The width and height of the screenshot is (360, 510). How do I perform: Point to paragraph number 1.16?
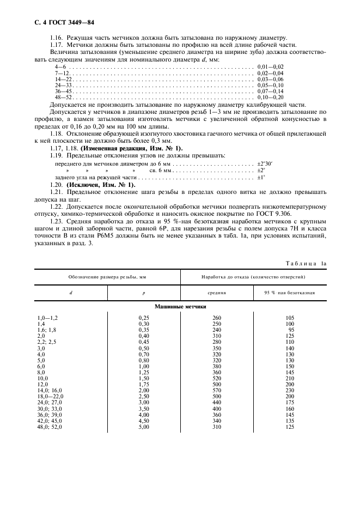pyautogui.click(x=57, y=39)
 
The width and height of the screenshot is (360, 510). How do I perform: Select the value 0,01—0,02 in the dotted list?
pyautogui.click(x=271, y=66)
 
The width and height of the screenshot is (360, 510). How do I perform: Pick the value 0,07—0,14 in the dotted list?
pyautogui.click(x=271, y=91)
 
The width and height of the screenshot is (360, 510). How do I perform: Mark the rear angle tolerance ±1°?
pyautogui.click(x=261, y=177)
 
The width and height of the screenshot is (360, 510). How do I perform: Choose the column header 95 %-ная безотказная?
pyautogui.click(x=290, y=292)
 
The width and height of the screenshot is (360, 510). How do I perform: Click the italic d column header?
pyautogui.click(x=71, y=292)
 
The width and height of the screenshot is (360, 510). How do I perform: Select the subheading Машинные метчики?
pyautogui.click(x=181, y=307)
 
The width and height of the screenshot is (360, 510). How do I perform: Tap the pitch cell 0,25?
pyautogui.click(x=144, y=317)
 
